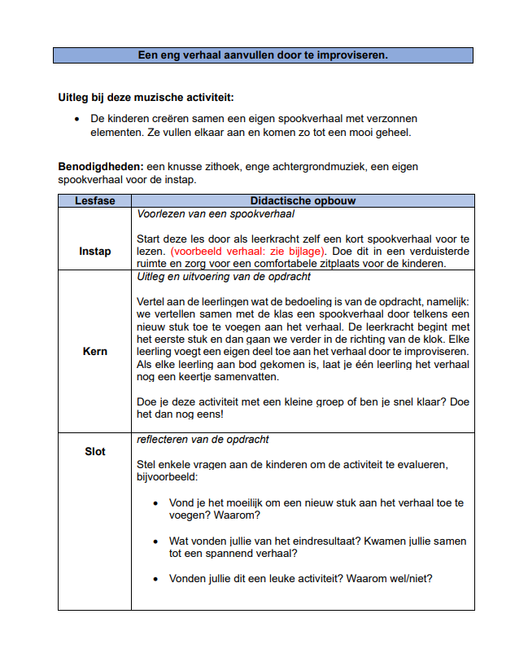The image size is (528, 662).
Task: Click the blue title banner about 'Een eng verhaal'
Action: (x=263, y=55)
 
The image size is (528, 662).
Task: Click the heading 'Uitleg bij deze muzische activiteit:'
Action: (x=146, y=98)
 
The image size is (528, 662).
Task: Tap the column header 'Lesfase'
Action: (x=94, y=200)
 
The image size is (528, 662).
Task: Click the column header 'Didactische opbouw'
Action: (x=302, y=200)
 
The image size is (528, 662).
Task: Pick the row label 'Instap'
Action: (x=94, y=251)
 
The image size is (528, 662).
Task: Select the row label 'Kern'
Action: (x=94, y=352)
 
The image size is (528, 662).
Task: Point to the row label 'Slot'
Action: (x=94, y=451)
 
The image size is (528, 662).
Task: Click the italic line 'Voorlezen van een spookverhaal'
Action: (x=216, y=214)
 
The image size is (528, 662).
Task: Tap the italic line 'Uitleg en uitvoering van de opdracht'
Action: (x=224, y=277)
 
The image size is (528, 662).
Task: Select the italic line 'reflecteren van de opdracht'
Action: (x=203, y=440)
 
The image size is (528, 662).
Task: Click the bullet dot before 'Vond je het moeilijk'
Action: (x=156, y=503)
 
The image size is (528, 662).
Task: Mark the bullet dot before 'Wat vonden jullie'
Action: (x=156, y=541)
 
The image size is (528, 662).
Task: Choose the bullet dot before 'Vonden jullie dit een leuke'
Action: (x=156, y=579)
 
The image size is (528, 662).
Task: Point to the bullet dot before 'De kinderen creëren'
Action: (x=76, y=119)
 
